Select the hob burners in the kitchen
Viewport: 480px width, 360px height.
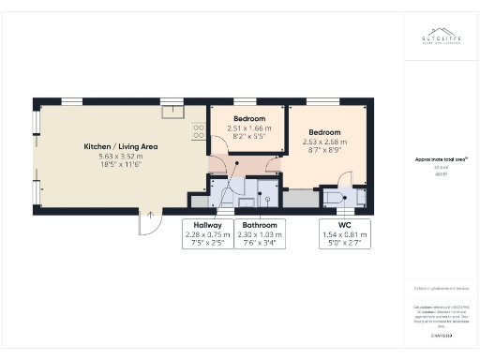coord(199,131)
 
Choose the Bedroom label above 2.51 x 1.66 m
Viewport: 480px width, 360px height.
coord(247,119)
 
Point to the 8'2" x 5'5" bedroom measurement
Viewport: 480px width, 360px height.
coord(247,137)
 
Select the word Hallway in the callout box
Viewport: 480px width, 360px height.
coord(207,226)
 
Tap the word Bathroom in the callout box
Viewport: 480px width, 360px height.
coord(260,226)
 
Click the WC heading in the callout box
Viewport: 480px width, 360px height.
coord(345,226)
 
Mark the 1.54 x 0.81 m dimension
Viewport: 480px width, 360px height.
coord(345,234)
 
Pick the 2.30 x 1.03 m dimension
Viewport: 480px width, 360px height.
coord(260,234)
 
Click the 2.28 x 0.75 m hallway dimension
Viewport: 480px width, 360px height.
coord(207,234)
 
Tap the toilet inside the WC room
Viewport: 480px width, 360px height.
coord(335,197)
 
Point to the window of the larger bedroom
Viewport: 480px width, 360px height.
coord(321,100)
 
